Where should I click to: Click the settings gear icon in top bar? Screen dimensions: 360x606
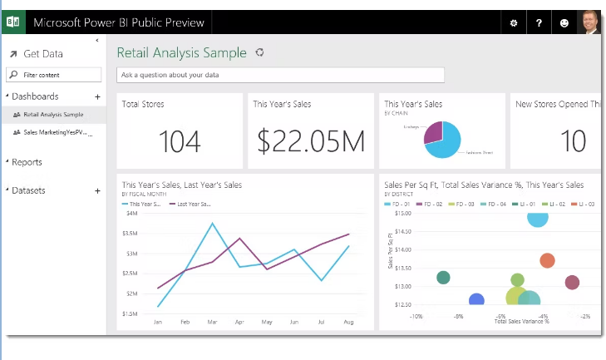point(513,23)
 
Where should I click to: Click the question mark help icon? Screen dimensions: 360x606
point(539,23)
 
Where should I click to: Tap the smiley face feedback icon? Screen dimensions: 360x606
point(564,23)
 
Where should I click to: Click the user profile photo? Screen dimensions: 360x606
point(589,22)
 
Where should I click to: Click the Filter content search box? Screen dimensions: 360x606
point(57,75)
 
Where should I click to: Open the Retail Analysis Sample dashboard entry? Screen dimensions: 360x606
point(53,114)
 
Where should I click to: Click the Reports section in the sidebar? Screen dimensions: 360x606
point(27,162)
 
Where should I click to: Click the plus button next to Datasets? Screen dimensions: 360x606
point(97,190)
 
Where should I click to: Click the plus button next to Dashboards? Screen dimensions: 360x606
point(97,96)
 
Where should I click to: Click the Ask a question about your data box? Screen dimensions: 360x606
point(280,75)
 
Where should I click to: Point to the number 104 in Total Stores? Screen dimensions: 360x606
point(180,141)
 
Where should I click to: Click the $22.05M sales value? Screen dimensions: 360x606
point(310,141)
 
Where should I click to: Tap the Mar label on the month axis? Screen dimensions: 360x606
point(212,321)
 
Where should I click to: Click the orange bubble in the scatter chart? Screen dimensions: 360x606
point(547,261)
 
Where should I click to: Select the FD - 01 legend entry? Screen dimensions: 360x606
point(400,204)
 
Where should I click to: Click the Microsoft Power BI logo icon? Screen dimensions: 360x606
point(12,22)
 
